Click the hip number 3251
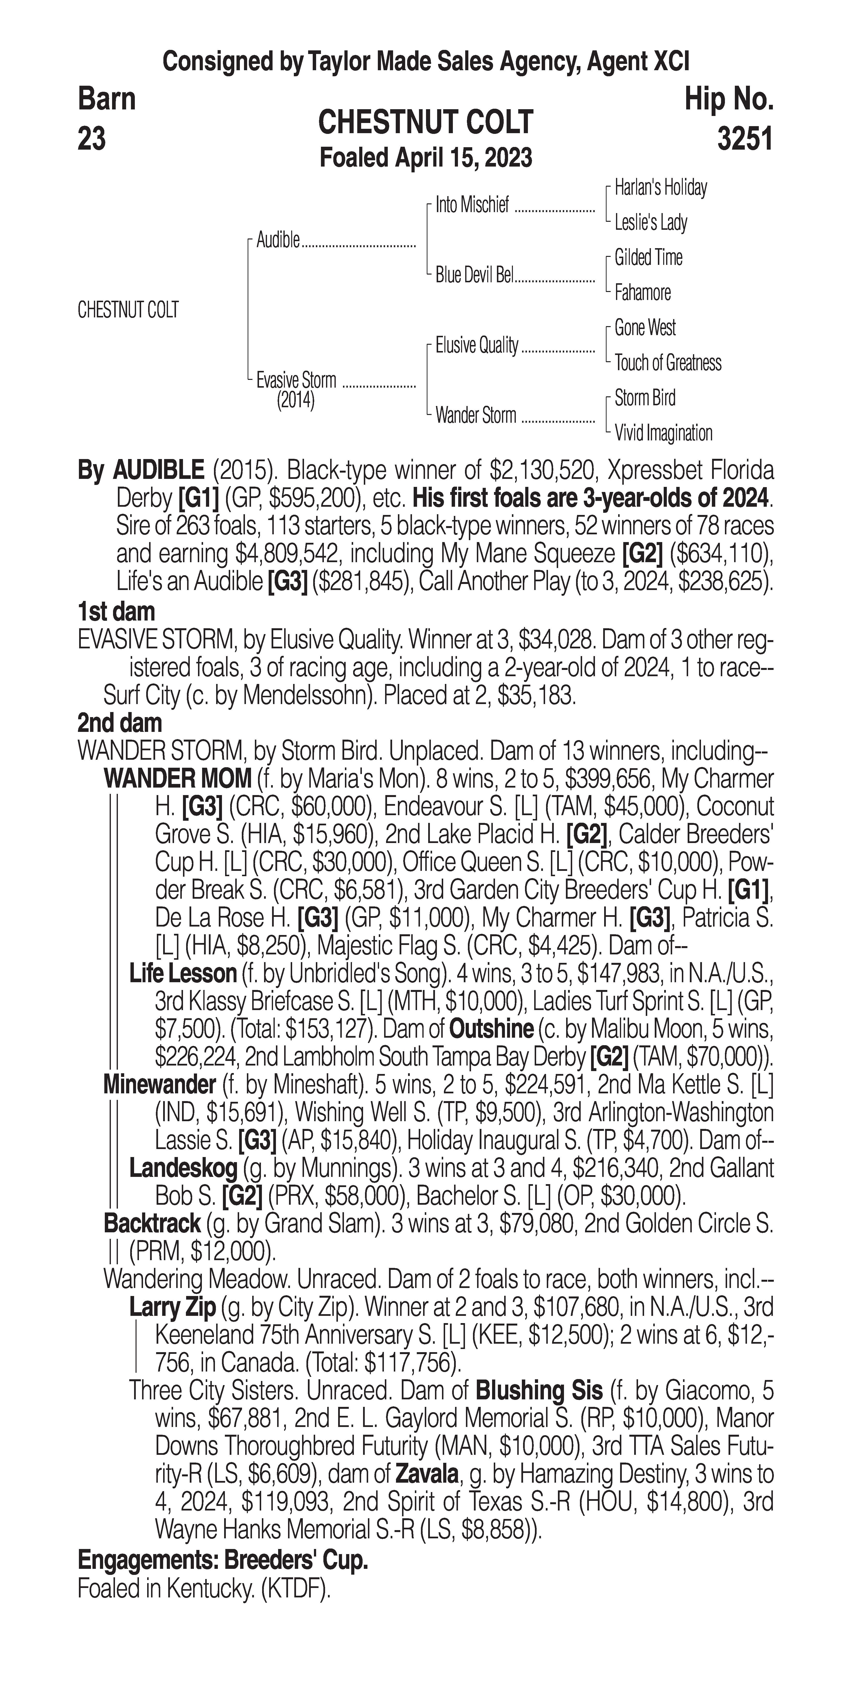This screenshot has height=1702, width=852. coord(744,139)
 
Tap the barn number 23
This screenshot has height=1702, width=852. coord(92,139)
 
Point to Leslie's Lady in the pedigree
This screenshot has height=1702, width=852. coord(651,223)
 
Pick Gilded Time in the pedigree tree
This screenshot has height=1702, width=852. coord(648,258)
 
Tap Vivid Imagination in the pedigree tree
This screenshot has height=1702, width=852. coord(663,433)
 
